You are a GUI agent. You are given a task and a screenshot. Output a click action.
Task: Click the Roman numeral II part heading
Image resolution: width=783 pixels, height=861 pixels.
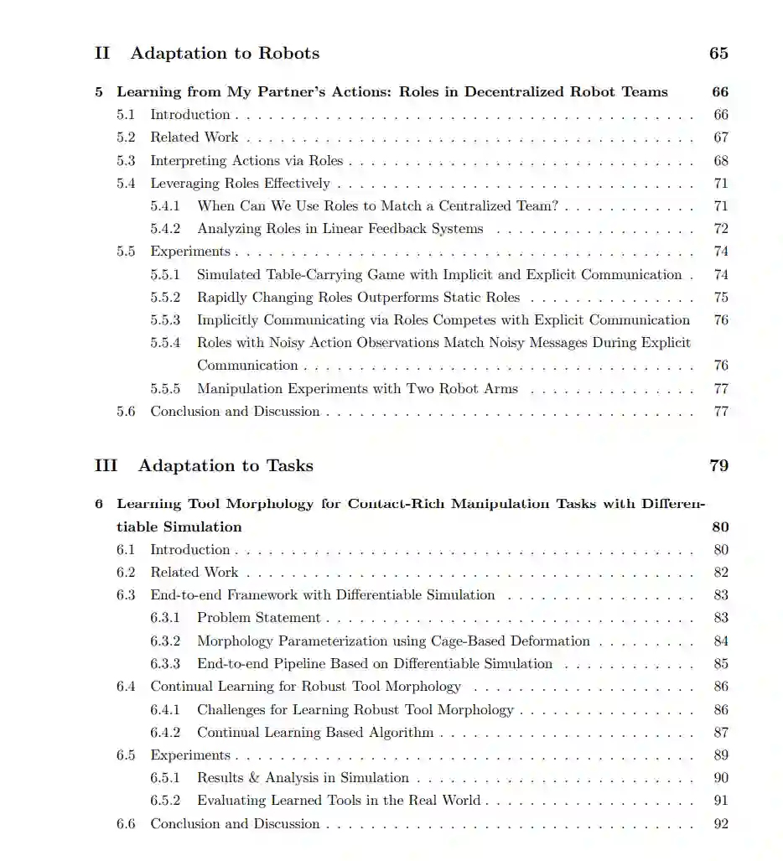(102, 54)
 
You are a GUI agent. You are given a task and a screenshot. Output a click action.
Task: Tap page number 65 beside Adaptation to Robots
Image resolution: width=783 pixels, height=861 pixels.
(718, 54)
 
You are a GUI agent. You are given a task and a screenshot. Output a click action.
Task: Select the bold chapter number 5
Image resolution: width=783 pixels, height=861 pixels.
(99, 92)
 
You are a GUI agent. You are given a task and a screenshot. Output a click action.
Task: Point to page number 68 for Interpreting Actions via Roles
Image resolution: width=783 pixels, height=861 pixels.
(721, 161)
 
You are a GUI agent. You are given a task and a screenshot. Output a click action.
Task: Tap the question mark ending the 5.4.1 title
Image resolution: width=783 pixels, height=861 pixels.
(554, 206)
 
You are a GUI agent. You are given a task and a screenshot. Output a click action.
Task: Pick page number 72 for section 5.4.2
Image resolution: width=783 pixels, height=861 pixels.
(721, 229)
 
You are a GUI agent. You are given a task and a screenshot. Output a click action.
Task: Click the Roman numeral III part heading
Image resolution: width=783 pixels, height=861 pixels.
(106, 466)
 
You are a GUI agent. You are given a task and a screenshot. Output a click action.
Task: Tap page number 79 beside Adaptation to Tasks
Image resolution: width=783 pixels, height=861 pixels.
(718, 466)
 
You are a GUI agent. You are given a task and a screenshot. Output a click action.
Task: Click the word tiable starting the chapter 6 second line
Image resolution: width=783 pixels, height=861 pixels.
(136, 527)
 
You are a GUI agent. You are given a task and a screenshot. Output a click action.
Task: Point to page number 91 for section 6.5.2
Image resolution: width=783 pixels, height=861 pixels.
(721, 801)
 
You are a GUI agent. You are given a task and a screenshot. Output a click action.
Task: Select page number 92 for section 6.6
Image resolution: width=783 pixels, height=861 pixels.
(721, 824)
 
